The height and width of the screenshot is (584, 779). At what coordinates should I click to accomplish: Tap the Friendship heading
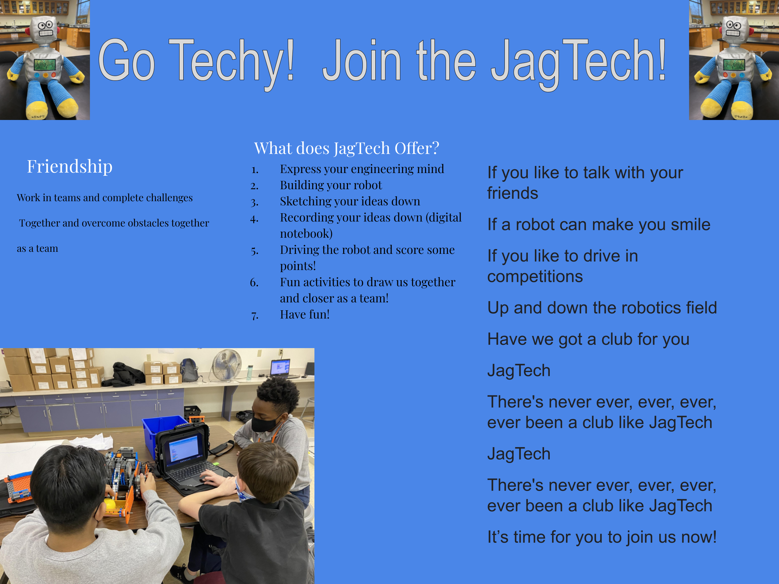[x=70, y=166]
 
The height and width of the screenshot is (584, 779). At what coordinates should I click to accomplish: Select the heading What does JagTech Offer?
[x=347, y=148]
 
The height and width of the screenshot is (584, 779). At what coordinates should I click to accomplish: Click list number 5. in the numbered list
[x=255, y=251]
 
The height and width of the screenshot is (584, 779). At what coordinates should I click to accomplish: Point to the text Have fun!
[x=305, y=314]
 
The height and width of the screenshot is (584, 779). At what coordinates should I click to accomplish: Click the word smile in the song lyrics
[x=690, y=225]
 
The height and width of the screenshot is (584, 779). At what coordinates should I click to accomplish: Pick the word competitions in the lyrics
[x=535, y=277]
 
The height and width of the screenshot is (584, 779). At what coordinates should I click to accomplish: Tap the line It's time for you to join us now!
[x=602, y=537]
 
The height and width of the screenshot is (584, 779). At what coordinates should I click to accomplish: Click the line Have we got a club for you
[x=588, y=339]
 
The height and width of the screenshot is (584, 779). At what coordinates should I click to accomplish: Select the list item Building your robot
[x=331, y=185]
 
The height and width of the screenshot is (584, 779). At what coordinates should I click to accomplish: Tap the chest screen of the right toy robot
[x=734, y=65]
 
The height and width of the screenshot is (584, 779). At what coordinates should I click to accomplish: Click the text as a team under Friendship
[x=37, y=248]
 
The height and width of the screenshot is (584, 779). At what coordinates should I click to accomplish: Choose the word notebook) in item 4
[x=306, y=234]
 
